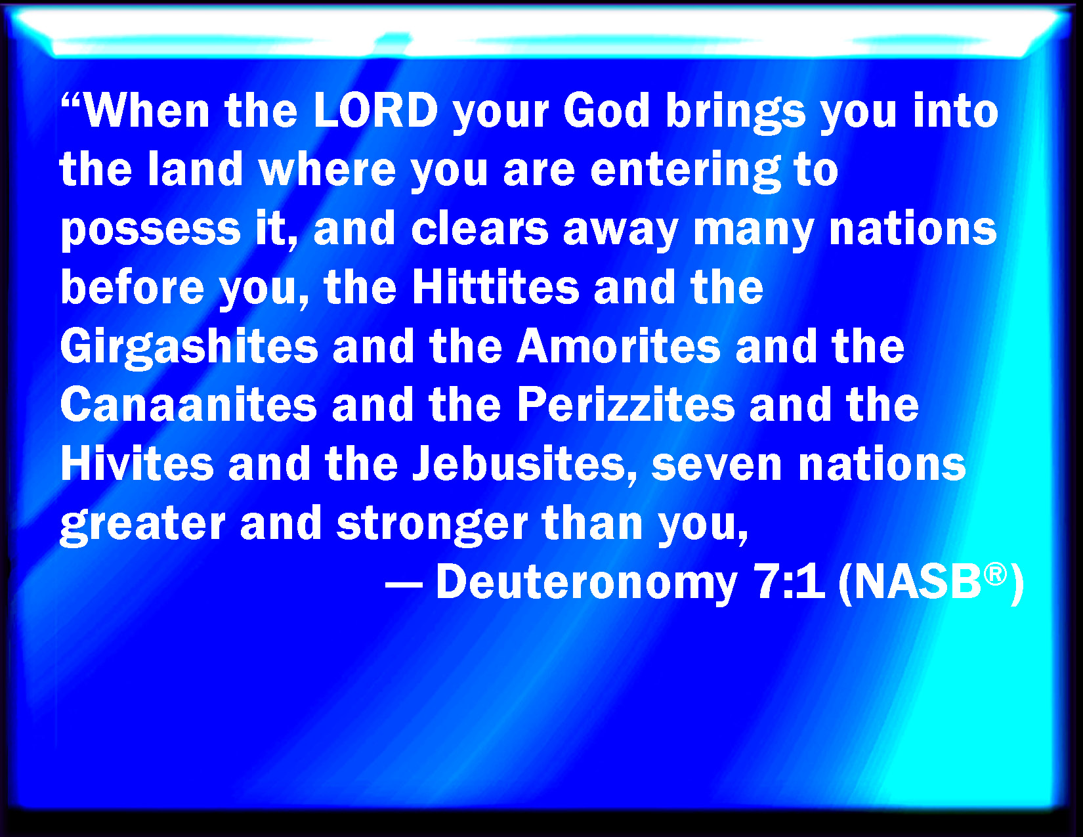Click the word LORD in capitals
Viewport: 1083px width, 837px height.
(376, 110)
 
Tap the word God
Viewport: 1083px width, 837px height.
(606, 110)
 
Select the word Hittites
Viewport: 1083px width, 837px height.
(496, 287)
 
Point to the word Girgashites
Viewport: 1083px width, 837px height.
(189, 347)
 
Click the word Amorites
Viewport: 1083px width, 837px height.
(619, 346)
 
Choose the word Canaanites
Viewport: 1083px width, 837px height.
(188, 404)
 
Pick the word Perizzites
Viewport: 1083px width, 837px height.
(626, 404)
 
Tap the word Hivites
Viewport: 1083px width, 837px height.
(137, 463)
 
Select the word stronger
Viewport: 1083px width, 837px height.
(432, 525)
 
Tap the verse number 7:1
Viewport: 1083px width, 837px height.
(789, 581)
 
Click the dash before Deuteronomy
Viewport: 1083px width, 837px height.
(404, 583)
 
